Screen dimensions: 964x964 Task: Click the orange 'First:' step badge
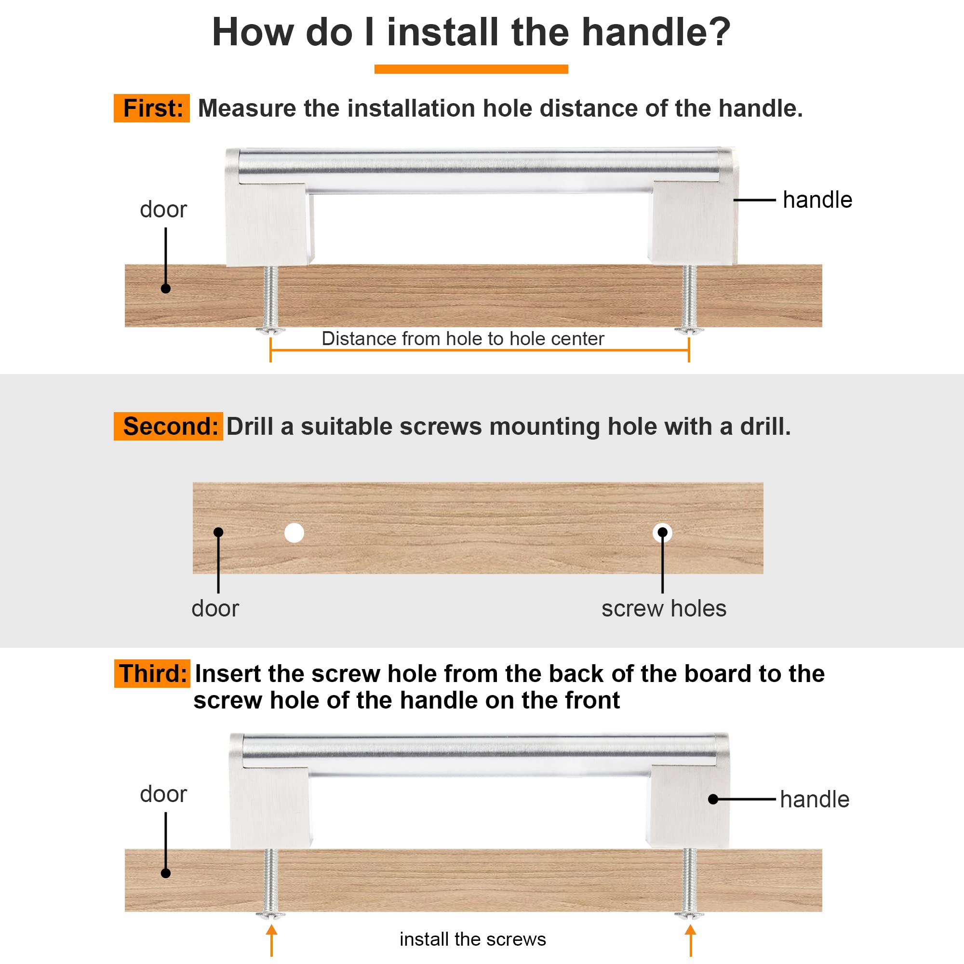[152, 108]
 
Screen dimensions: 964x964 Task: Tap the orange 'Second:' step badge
[168, 426]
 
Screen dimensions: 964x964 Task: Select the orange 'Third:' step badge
[152, 674]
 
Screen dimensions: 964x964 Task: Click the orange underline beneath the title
[471, 69]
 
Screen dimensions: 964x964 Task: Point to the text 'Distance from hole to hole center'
[463, 339]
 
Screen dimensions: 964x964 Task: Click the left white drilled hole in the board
[295, 533]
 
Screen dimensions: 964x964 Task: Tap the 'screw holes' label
[664, 609]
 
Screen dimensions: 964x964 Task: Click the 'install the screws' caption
[472, 939]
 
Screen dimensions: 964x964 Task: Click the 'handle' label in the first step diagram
[817, 200]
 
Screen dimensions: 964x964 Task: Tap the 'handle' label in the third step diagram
[814, 799]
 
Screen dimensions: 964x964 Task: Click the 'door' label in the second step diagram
[215, 609]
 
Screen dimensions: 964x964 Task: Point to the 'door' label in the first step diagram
[163, 210]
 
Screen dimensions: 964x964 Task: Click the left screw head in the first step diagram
[270, 330]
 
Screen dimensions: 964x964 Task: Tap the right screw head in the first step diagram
[689, 330]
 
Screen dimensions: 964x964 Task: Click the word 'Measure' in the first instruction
[247, 108]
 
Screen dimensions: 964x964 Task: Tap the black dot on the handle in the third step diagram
[713, 799]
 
